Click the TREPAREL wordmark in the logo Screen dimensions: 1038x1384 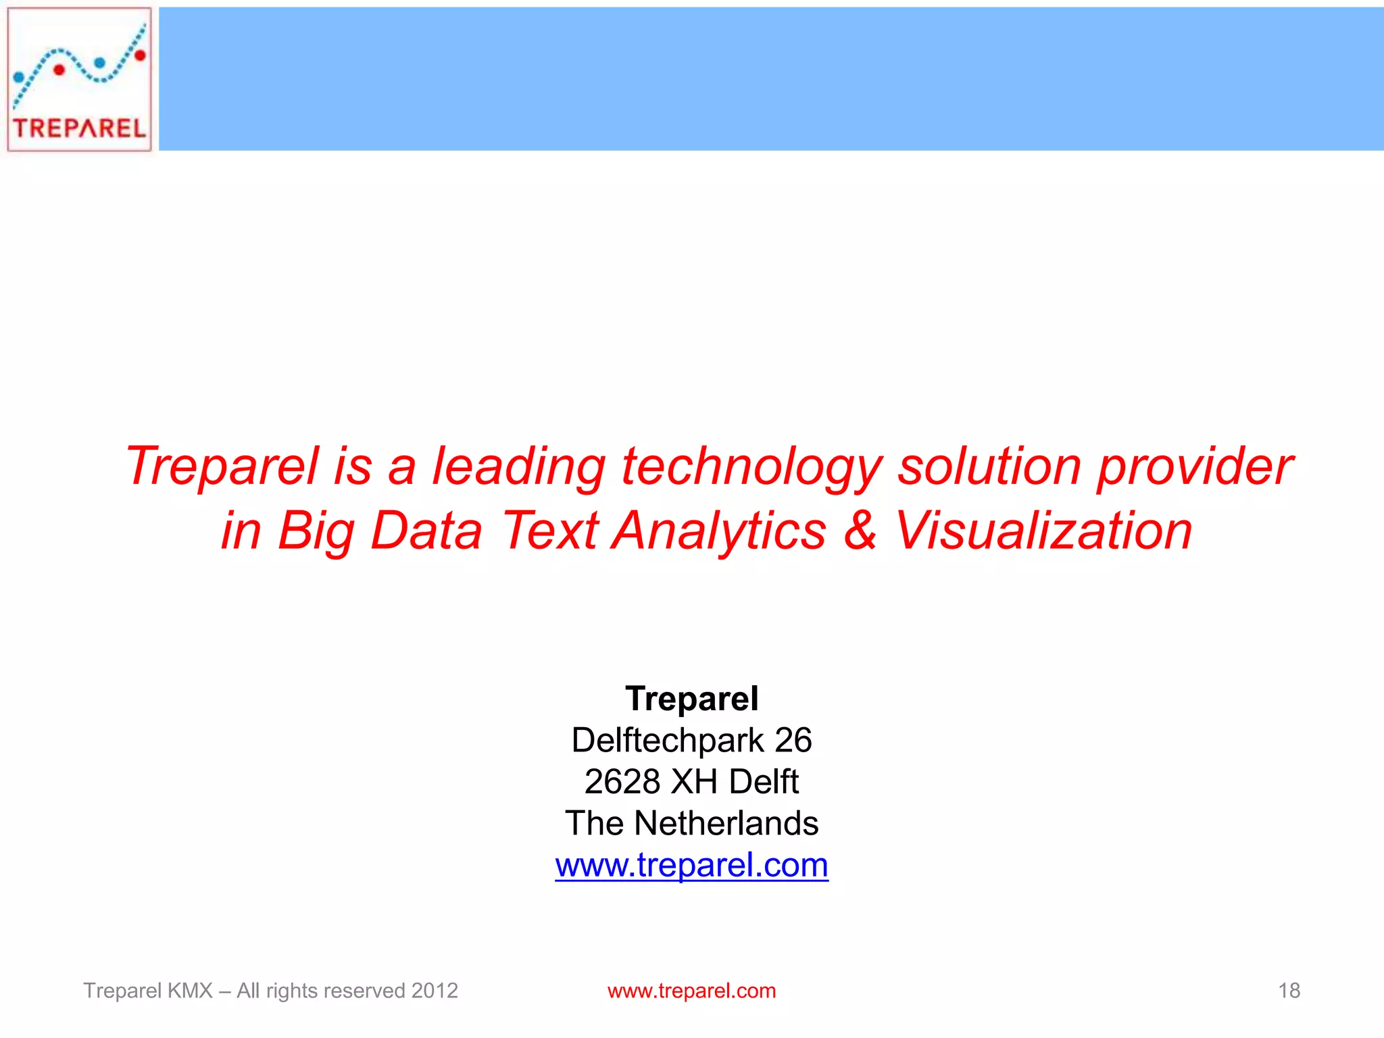click(x=79, y=128)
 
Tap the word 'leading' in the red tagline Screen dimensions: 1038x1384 click(x=518, y=466)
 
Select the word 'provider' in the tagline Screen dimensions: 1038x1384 click(x=1194, y=468)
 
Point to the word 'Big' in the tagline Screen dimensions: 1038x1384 click(x=316, y=531)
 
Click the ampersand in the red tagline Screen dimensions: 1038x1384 click(x=860, y=530)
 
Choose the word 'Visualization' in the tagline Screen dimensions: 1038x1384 click(x=1043, y=530)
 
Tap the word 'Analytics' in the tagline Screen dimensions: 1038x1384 click(x=719, y=531)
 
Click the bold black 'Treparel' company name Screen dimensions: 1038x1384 click(x=691, y=698)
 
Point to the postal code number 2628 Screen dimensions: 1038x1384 click(x=622, y=782)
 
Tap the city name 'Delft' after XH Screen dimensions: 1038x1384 click(x=764, y=782)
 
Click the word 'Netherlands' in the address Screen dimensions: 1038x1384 click(x=726, y=823)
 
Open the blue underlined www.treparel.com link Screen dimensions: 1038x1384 click(x=691, y=866)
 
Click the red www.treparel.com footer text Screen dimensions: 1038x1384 click(x=691, y=991)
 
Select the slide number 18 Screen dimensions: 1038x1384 click(x=1289, y=991)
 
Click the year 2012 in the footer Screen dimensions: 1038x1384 click(x=435, y=991)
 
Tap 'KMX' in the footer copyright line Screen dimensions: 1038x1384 click(x=190, y=991)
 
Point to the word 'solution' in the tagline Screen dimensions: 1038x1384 click(x=989, y=466)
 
